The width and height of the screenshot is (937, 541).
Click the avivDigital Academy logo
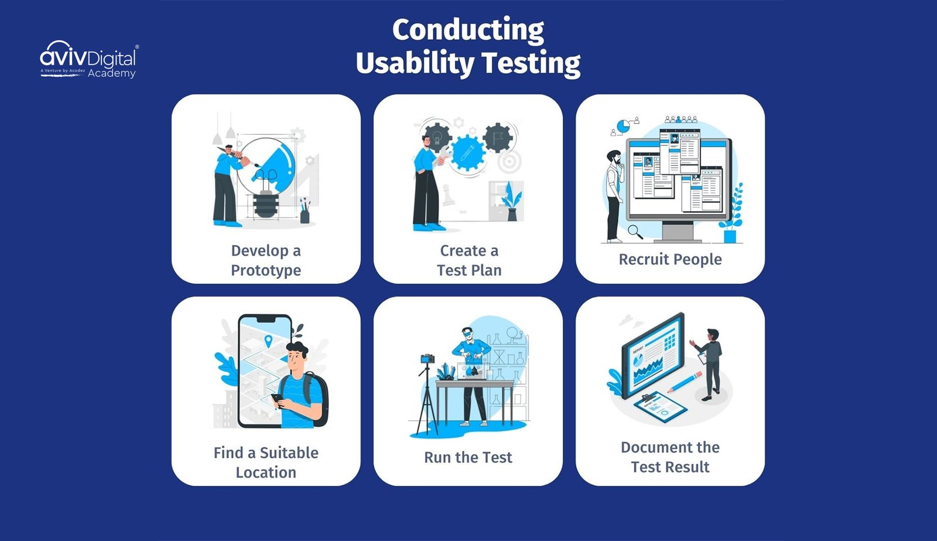88,60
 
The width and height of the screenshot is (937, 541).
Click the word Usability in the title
415,63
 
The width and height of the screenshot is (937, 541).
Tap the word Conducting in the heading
468,30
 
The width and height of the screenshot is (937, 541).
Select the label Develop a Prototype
266,260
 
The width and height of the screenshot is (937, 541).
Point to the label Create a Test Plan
468,260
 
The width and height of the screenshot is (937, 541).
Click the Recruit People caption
670,259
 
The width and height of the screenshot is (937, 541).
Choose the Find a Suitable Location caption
266,462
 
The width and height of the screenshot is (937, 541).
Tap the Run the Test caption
468,457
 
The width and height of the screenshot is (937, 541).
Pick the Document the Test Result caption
670,457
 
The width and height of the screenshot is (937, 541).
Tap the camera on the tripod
428,359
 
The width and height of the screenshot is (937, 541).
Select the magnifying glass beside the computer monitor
634,232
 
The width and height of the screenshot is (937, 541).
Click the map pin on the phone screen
268,341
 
